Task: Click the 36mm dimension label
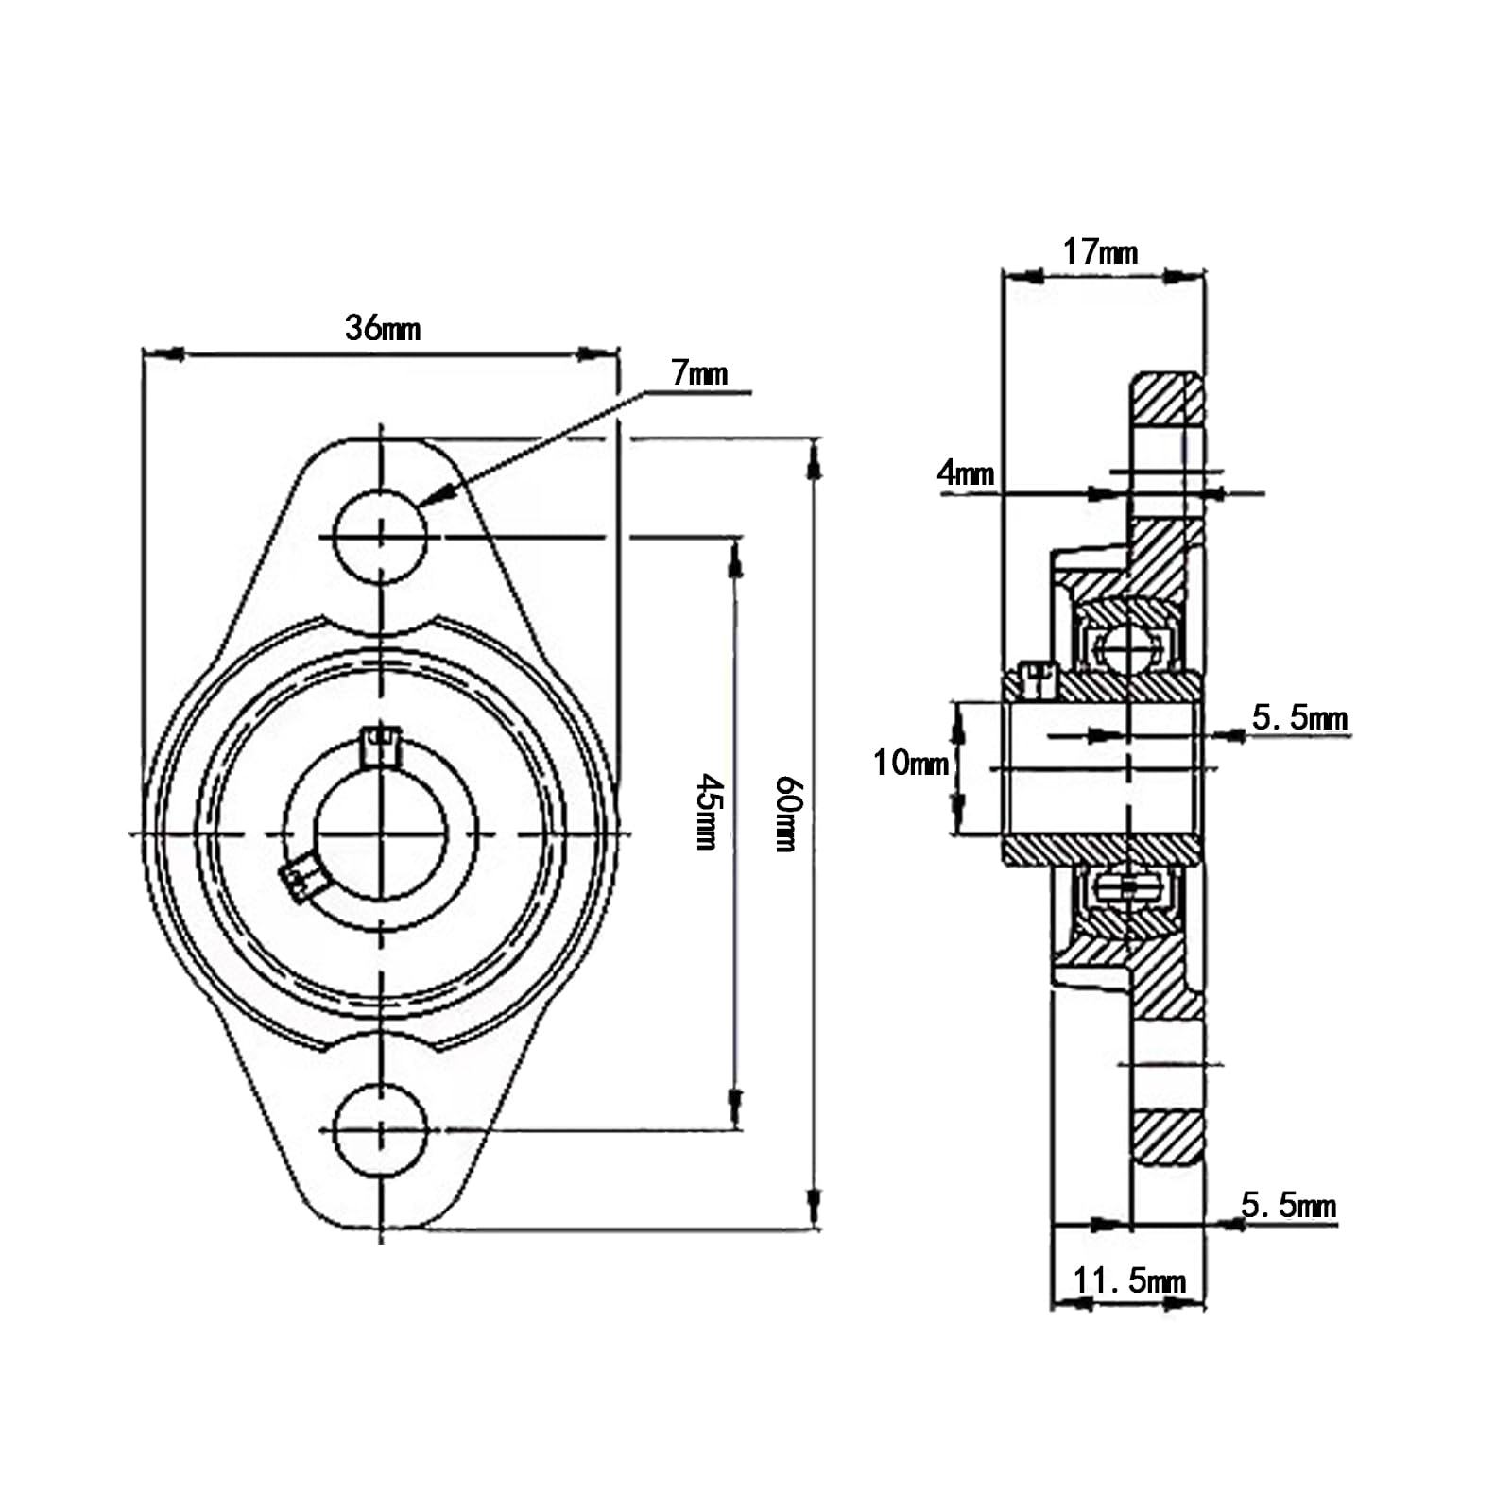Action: [x=382, y=329]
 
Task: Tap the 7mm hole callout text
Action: [x=700, y=373]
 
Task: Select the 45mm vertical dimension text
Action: [x=709, y=812]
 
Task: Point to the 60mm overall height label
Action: [x=788, y=814]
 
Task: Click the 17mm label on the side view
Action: [x=1100, y=252]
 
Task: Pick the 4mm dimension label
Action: [x=965, y=472]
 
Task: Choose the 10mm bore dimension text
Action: [x=910, y=763]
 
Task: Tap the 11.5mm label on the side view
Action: [x=1128, y=1281]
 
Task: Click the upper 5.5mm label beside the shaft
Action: [x=1299, y=718]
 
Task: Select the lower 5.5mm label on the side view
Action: [x=1288, y=1206]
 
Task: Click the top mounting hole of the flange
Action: [x=382, y=537]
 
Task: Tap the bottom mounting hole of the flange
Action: [x=382, y=1130]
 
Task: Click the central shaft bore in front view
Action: [x=381, y=833]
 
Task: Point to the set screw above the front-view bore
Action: [x=382, y=744]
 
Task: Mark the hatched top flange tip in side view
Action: [x=1168, y=398]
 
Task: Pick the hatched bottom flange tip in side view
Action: [x=1168, y=1138]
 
